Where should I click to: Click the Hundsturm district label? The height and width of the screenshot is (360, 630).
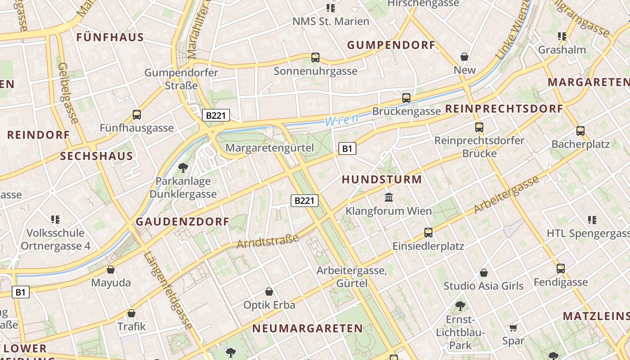(x=382, y=180)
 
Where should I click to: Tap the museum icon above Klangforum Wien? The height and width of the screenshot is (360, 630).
(x=389, y=197)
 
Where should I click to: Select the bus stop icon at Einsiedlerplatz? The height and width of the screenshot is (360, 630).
(x=428, y=233)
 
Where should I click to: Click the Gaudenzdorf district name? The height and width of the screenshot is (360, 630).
(x=183, y=221)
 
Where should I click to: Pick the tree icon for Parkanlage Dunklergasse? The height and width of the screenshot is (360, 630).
(x=183, y=168)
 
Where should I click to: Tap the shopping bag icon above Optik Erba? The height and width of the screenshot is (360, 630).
(x=269, y=292)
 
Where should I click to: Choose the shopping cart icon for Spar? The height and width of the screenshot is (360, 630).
(x=513, y=328)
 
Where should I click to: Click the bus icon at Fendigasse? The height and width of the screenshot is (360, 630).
(x=561, y=269)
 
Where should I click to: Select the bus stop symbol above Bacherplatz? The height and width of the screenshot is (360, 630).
(x=580, y=131)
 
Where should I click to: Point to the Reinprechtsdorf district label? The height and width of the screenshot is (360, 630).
(x=504, y=109)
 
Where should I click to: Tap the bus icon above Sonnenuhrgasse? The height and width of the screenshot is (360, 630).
(x=315, y=58)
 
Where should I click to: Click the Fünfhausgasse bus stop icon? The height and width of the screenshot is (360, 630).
(x=137, y=115)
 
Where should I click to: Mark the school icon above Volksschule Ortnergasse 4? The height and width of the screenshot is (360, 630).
(x=55, y=220)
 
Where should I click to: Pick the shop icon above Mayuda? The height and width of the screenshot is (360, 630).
(x=111, y=270)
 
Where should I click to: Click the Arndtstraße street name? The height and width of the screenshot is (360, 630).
(x=268, y=241)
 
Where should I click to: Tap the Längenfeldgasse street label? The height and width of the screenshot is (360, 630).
(x=169, y=290)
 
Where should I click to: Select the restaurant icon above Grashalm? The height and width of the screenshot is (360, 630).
(x=562, y=36)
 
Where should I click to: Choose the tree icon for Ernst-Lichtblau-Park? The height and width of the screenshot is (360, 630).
(x=460, y=306)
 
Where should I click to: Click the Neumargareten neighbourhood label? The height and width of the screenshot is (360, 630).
(x=307, y=328)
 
